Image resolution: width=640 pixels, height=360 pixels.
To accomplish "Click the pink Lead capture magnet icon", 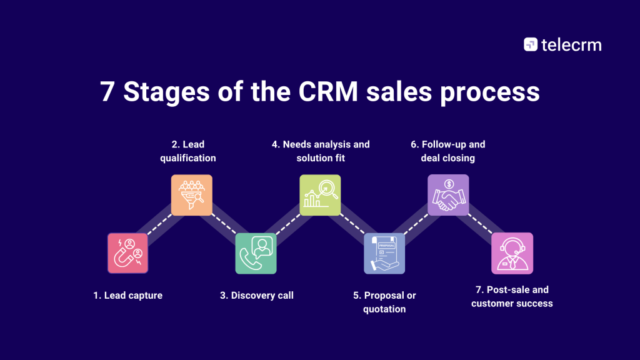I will tap(128, 253).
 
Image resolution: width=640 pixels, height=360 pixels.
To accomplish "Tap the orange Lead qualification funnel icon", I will tap(192, 195).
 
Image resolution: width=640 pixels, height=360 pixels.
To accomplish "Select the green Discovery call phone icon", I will tap(256, 253).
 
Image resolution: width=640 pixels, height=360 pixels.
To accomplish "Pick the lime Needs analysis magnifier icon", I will tap(320, 195).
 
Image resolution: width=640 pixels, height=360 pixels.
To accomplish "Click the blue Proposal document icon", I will tap(384, 253).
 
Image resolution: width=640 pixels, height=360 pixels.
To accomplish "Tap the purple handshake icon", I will tap(448, 195).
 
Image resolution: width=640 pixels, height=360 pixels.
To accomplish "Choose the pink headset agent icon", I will tap(512, 253).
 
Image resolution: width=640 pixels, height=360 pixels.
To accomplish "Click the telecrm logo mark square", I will tap(531, 44).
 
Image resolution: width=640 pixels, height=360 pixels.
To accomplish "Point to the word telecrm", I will tap(571, 44).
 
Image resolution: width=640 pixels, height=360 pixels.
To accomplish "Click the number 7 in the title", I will tap(107, 92).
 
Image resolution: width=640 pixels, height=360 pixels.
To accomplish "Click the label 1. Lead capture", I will tap(128, 295).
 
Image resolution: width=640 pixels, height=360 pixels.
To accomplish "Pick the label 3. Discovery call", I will tap(256, 295).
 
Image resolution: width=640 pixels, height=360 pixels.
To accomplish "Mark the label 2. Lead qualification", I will tap(188, 151).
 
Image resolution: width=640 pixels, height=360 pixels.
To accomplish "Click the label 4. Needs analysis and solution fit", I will tap(321, 151).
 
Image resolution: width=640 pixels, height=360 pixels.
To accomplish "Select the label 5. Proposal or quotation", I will tap(384, 302).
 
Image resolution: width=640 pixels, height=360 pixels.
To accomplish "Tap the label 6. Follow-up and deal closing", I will tap(448, 151).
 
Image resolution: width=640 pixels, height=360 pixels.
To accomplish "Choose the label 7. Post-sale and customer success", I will tap(512, 297).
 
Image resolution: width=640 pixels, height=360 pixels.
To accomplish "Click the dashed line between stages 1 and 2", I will tap(159, 224).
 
